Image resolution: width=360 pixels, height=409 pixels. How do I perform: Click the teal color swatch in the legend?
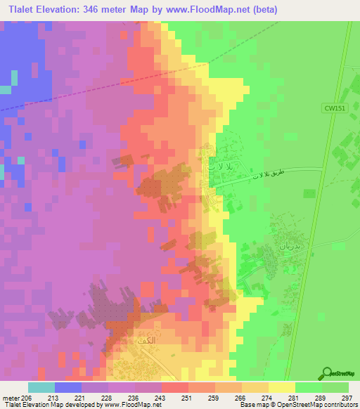click(41, 387)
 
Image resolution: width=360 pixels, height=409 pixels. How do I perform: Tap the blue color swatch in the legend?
click(68, 387)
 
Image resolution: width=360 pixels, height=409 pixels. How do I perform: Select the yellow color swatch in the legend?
click(282, 387)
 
